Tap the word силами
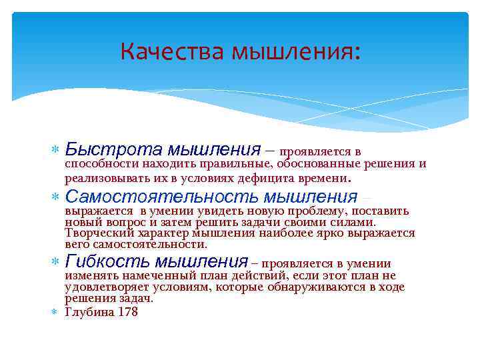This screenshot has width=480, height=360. [x=357, y=222]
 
